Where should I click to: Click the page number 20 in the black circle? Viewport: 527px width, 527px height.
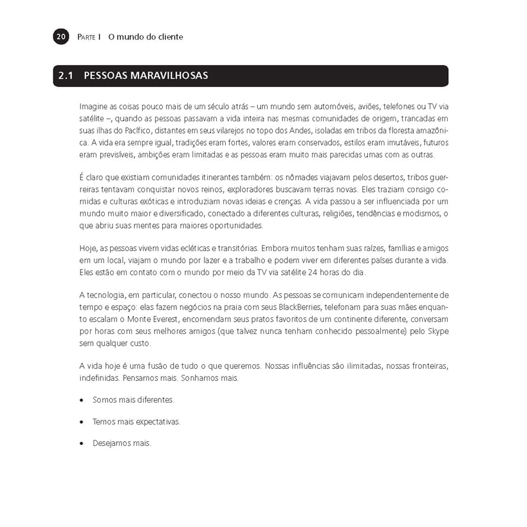pyautogui.click(x=61, y=37)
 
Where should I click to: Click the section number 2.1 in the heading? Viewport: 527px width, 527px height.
pyautogui.click(x=66, y=76)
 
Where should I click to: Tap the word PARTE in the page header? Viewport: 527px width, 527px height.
pyautogui.click(x=86, y=37)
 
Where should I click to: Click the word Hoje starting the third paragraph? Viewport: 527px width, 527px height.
pyautogui.click(x=88, y=248)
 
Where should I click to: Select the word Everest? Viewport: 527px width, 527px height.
pyautogui.click(x=154, y=320)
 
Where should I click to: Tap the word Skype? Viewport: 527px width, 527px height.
pyautogui.click(x=438, y=332)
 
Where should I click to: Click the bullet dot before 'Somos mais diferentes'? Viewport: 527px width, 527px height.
pyautogui.click(x=82, y=400)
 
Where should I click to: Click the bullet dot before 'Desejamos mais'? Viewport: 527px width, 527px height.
pyautogui.click(x=82, y=444)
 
